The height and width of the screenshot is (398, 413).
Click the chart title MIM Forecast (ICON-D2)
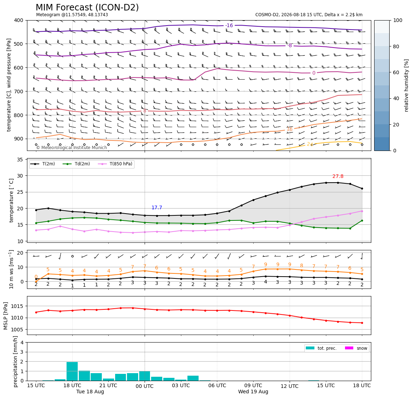click(x=87, y=8)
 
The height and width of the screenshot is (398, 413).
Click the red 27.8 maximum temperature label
click(x=338, y=176)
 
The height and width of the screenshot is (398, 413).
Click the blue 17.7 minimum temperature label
click(x=157, y=207)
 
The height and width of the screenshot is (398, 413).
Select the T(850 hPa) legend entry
click(x=115, y=164)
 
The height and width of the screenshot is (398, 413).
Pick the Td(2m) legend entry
click(x=77, y=164)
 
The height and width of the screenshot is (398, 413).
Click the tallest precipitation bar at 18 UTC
click(x=72, y=371)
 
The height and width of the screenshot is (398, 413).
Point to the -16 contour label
click(x=229, y=25)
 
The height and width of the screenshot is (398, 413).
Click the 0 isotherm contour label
click(x=314, y=73)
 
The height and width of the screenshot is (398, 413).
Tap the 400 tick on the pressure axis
click(x=19, y=20)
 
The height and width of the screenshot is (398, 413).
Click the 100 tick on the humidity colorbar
click(x=398, y=20)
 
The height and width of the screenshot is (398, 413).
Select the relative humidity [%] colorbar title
click(x=407, y=85)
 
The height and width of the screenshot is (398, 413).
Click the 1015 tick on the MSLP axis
click(x=18, y=306)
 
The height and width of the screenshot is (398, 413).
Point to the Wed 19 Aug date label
click(x=253, y=392)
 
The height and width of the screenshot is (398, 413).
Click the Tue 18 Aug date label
click(x=90, y=392)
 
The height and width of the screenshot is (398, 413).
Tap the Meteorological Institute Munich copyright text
click(x=72, y=147)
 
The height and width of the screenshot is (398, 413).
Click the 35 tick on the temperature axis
click(x=21, y=159)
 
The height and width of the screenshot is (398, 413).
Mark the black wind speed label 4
click(x=265, y=282)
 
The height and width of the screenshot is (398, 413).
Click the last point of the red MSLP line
click(x=362, y=323)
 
